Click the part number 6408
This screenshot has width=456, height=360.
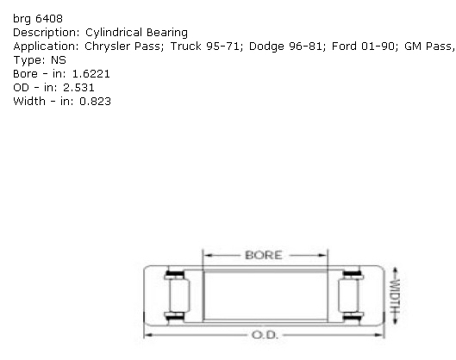pyautogui.click(x=49, y=19)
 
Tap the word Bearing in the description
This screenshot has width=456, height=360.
pyautogui.click(x=167, y=33)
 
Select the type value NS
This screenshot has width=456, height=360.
pyautogui.click(x=59, y=60)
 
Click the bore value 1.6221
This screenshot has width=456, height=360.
pyautogui.click(x=91, y=74)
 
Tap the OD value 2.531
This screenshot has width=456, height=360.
pyautogui.click(x=78, y=88)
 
